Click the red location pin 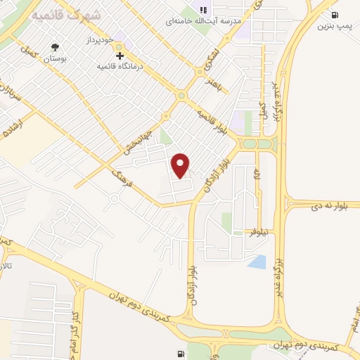pyautogui.click(x=181, y=165)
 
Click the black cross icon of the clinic pyautogui.click(x=120, y=56)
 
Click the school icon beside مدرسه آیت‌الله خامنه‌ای pyautogui.click(x=203, y=10)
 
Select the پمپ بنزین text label pyautogui.click(x=333, y=27)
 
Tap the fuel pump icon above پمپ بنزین pyautogui.click(x=333, y=15)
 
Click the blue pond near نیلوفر pyautogui.click(x=257, y=262)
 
